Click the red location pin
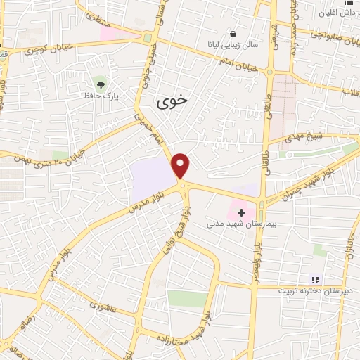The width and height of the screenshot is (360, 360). (181, 165)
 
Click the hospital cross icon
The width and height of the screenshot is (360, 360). (241, 212)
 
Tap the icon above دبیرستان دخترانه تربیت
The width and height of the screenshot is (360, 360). (315, 280)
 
